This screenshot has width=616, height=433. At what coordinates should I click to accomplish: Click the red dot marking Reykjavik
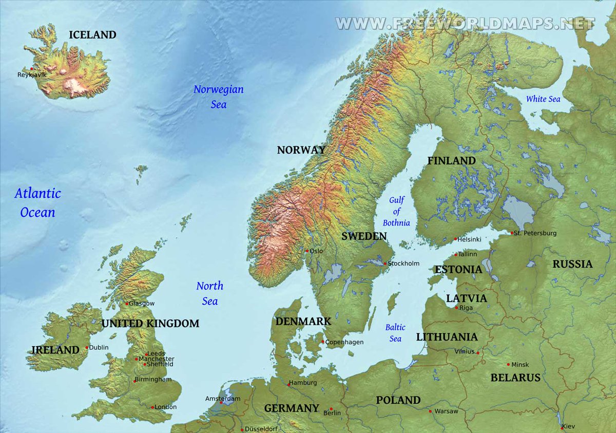coord(32,68)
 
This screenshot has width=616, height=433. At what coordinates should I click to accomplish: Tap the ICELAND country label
coord(92,35)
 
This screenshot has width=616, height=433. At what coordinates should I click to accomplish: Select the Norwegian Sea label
coord(218,97)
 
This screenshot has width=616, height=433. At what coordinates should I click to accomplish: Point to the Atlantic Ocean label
coord(37,202)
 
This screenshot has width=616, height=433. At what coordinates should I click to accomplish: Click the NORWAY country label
coord(301,150)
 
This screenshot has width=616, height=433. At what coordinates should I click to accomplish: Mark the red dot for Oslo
coord(307,251)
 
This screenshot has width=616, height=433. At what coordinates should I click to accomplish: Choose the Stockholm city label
coord(403,263)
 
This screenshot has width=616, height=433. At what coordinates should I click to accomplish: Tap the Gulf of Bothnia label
coord(396,211)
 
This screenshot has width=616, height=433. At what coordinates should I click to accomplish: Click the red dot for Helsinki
coord(455,239)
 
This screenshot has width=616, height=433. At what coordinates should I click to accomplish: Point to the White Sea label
coord(543,99)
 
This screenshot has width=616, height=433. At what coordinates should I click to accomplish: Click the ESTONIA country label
coord(458,269)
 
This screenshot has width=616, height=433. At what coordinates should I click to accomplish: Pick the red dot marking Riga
coord(456,308)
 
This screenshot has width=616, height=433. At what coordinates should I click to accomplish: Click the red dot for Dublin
coord(87,348)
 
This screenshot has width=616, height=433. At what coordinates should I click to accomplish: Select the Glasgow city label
coord(142,304)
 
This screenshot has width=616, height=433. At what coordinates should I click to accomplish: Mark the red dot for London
coord(152,407)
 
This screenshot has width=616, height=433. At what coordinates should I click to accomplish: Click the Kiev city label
coord(569,426)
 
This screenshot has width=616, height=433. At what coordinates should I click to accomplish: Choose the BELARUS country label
coord(515,378)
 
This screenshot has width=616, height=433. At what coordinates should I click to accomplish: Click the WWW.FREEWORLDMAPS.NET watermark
coord(465,23)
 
